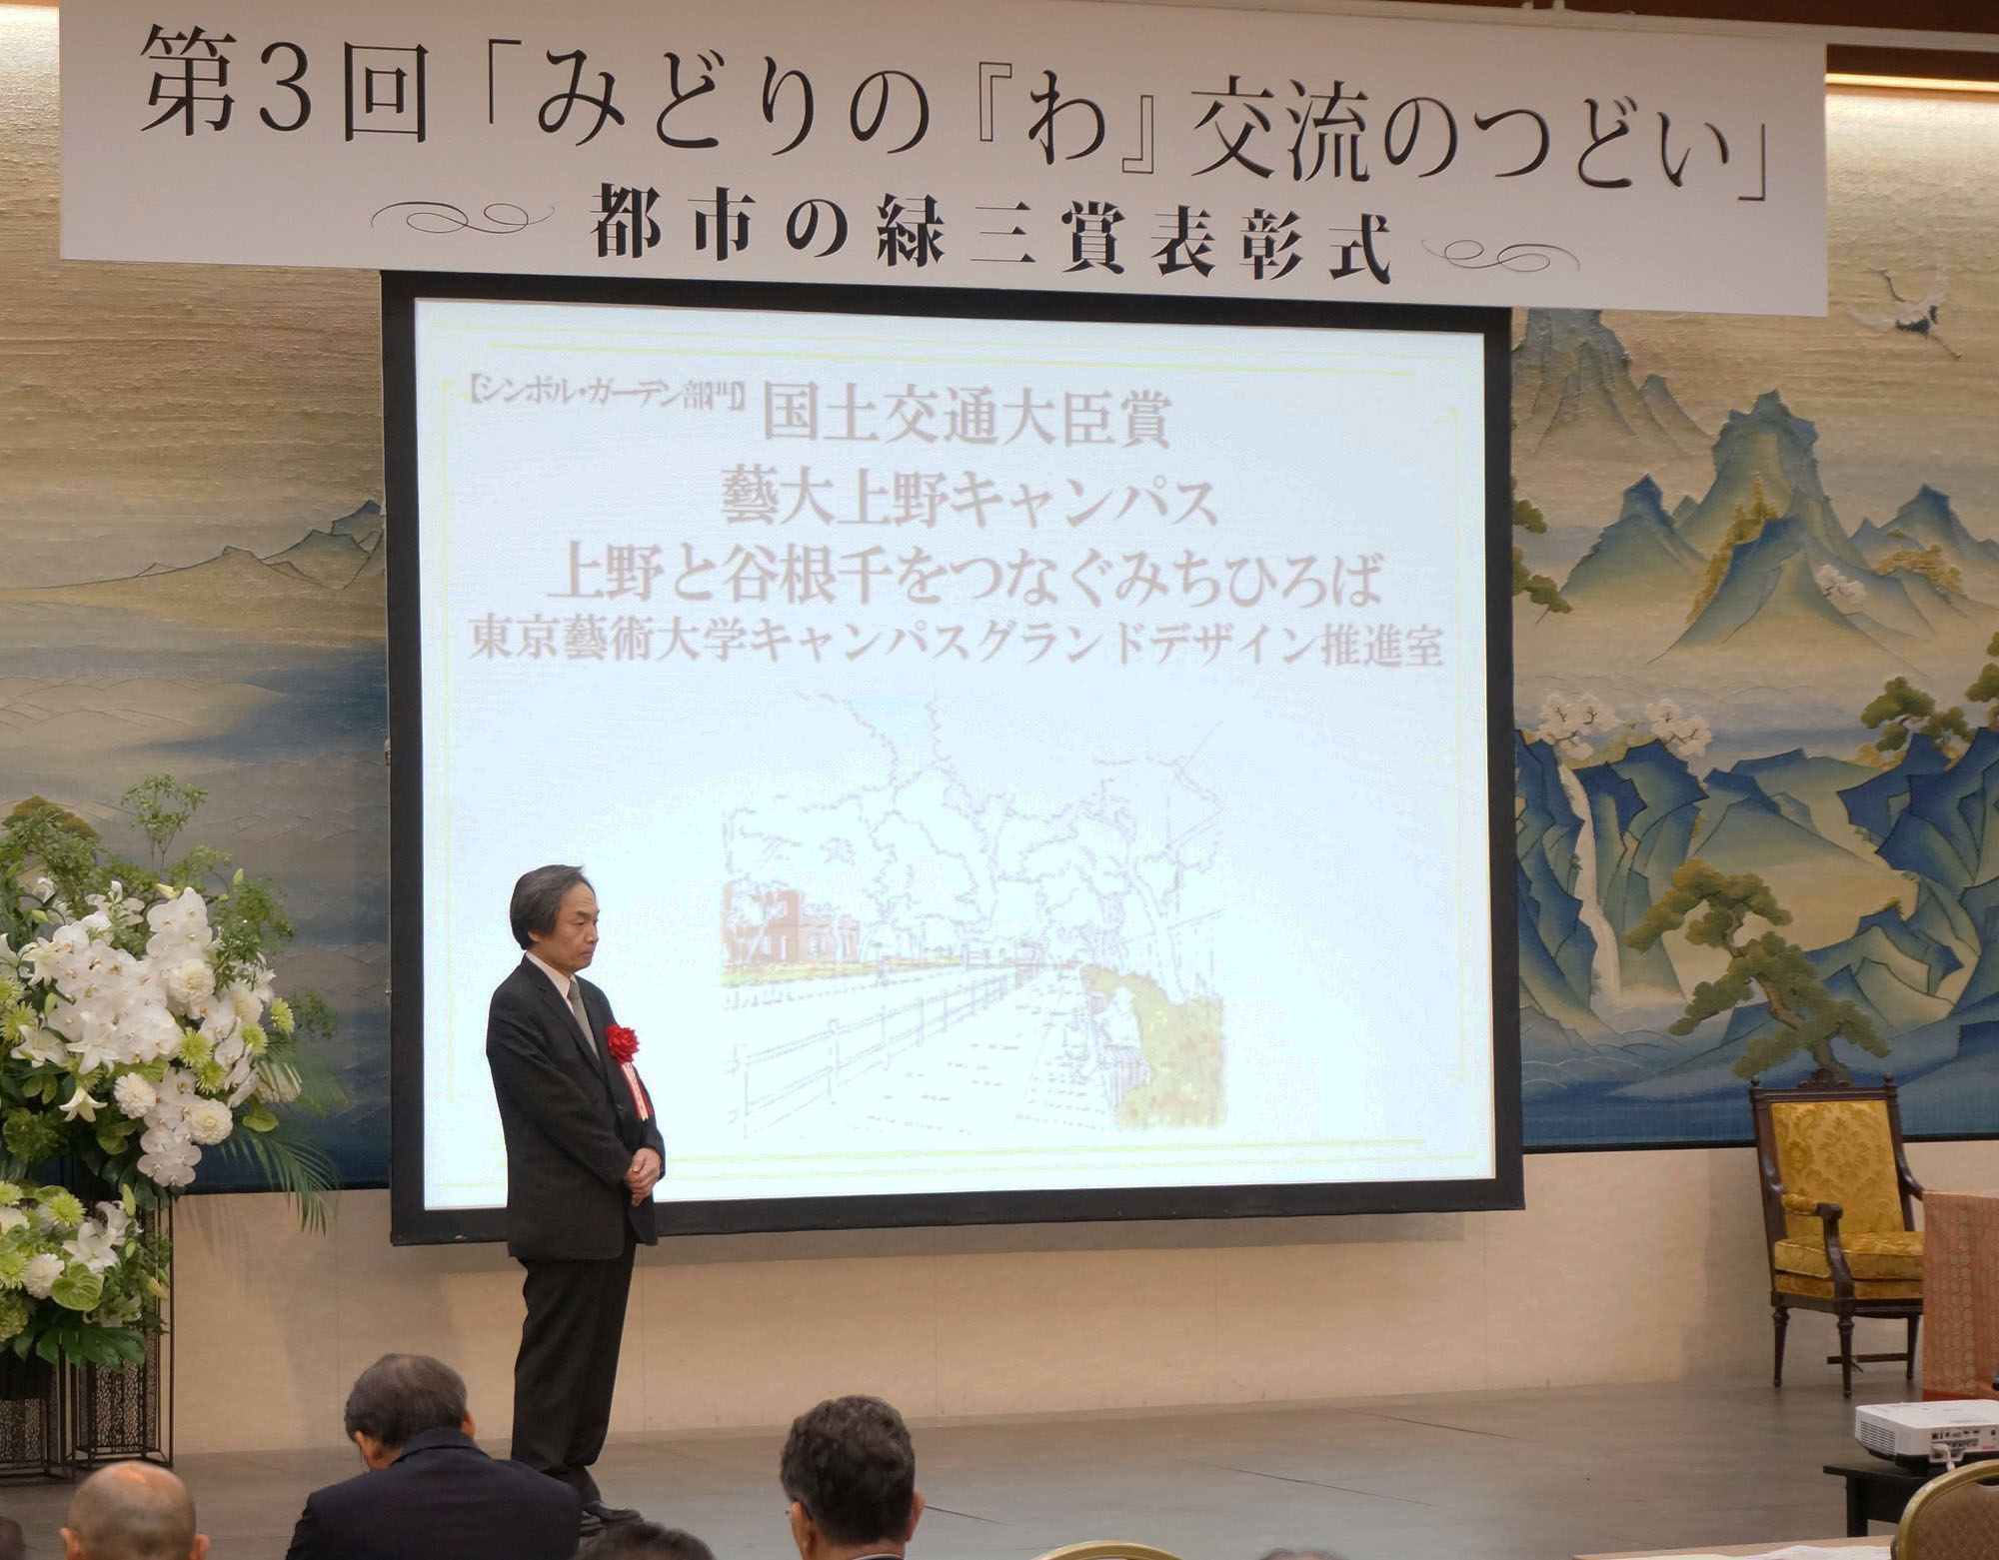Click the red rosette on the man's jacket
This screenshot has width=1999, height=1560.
(622, 1043)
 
